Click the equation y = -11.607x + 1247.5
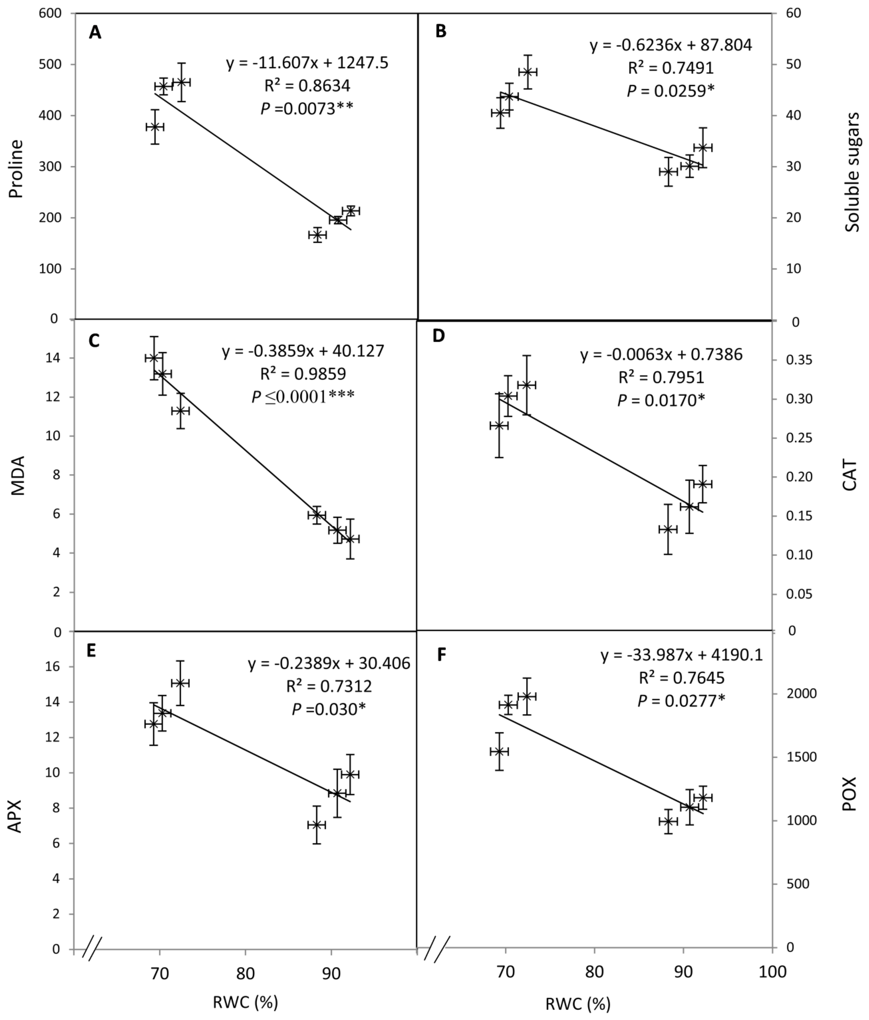307,63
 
